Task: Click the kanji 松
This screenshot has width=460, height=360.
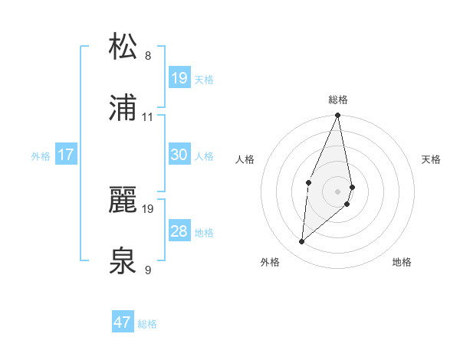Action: (123, 47)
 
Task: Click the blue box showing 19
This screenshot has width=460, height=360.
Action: (179, 77)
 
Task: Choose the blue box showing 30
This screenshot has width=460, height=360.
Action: (179, 155)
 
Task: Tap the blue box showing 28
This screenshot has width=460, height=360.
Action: (179, 231)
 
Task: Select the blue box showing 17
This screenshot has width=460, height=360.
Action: (66, 155)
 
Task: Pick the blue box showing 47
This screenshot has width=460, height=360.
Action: (123, 322)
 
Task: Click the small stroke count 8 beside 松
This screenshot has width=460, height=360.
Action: (148, 56)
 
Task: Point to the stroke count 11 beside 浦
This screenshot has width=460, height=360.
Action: (148, 116)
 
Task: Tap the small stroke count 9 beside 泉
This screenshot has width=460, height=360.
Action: (148, 270)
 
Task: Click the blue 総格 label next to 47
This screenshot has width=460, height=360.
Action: (147, 324)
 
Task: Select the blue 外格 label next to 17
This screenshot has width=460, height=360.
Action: (41, 156)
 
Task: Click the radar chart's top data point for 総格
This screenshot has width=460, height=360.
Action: (337, 116)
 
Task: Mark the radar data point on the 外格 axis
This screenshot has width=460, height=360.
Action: (302, 242)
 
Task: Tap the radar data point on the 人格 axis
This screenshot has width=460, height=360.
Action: (308, 182)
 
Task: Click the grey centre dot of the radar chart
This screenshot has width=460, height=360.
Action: (337, 191)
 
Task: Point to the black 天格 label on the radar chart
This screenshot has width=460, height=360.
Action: (431, 159)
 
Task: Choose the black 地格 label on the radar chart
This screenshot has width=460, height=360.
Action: (402, 262)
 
